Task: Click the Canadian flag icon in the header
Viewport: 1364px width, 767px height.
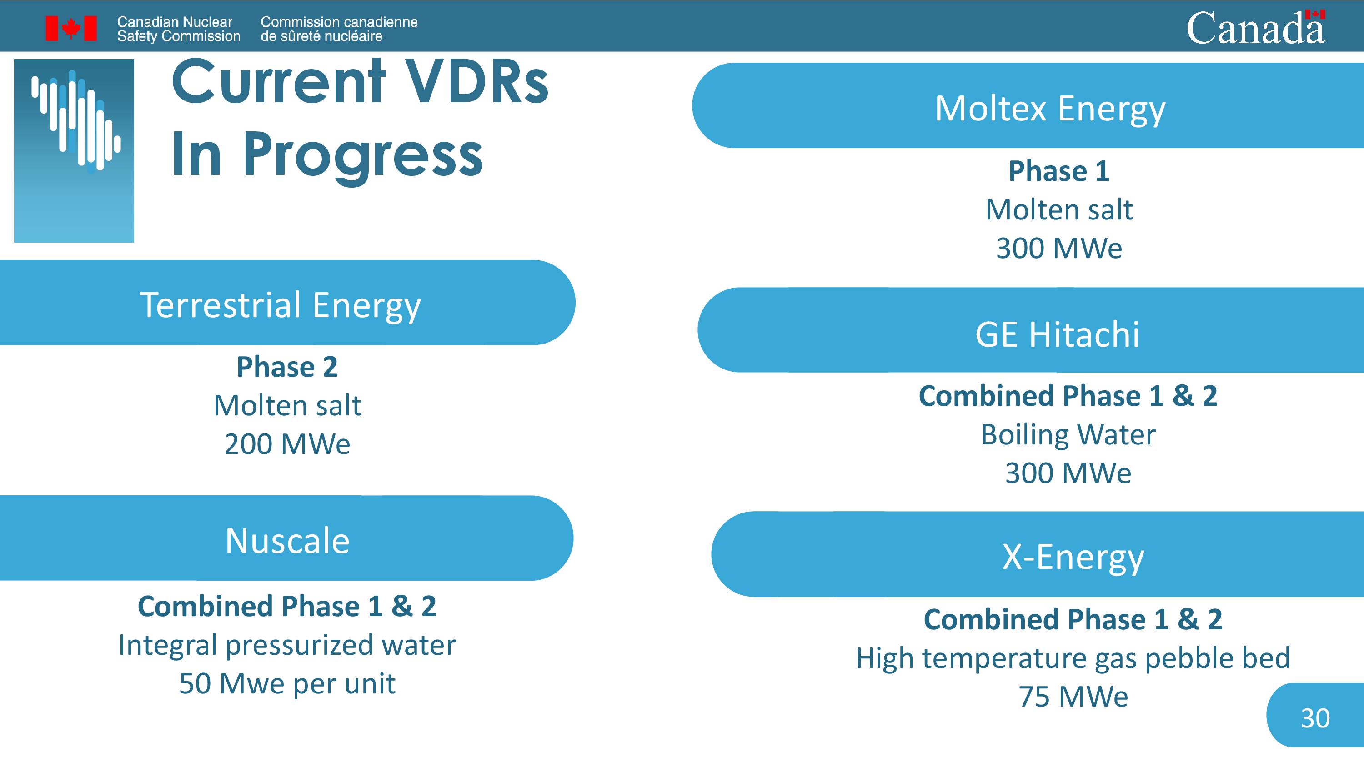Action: [x=71, y=28]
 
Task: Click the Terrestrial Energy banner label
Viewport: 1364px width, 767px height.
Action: [x=280, y=305]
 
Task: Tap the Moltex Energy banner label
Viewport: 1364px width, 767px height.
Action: [x=1050, y=109]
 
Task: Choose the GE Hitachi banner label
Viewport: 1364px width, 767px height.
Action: [x=1058, y=334]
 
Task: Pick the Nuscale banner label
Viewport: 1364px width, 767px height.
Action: [x=287, y=540]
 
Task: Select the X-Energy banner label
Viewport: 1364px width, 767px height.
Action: [x=1073, y=558]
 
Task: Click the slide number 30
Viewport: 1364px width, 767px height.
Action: [x=1315, y=718]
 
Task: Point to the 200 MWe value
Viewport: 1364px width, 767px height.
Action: [x=287, y=443]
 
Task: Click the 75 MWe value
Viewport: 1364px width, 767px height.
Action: [x=1073, y=696]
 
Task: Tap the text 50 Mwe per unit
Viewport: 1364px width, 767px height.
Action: [x=287, y=683]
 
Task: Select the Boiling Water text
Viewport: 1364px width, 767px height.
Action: [x=1068, y=434]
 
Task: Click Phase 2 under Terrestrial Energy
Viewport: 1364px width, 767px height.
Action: [x=287, y=366]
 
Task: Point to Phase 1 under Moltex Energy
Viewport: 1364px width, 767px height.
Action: [x=1059, y=170]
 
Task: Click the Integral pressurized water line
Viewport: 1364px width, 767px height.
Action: [x=287, y=645]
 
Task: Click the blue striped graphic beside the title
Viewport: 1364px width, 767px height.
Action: [x=74, y=151]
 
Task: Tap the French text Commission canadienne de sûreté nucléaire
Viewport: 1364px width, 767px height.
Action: [x=339, y=29]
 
